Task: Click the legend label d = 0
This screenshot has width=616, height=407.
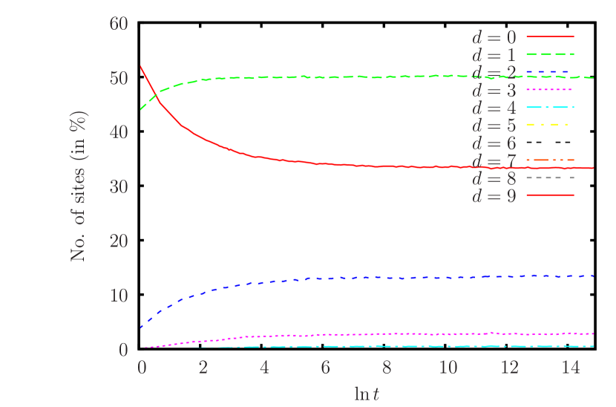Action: [x=494, y=37]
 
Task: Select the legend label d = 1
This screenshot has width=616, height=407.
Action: [x=494, y=55]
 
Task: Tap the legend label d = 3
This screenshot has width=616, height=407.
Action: [x=494, y=91]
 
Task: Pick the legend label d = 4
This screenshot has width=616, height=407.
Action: [x=494, y=108]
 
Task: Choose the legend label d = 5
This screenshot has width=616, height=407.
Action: [x=494, y=126]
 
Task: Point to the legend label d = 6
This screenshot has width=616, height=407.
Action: [x=494, y=143]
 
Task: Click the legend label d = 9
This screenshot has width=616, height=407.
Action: [x=494, y=197]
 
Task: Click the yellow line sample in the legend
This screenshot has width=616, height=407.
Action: [x=550, y=125]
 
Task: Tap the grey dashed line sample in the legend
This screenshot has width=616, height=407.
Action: [x=550, y=178]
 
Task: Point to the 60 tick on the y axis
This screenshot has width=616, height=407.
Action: [x=119, y=24]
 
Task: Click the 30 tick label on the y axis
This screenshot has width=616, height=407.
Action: [x=119, y=186]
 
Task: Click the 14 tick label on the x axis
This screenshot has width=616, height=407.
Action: [x=569, y=368]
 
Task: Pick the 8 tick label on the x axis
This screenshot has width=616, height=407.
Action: [x=386, y=368]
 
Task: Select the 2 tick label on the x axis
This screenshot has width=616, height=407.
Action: [x=203, y=368]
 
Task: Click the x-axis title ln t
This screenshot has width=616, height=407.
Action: [x=367, y=392]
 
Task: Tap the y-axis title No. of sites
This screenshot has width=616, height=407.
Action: [x=79, y=186]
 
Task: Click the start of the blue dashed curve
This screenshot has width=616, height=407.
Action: [x=141, y=327]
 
